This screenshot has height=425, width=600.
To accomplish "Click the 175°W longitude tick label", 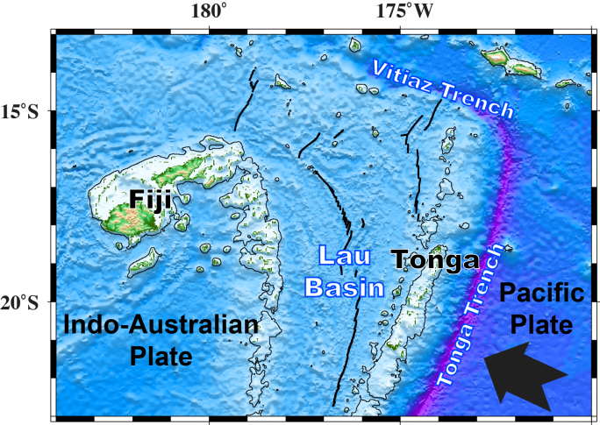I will (404, 11).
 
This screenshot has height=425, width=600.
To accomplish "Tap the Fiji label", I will (149, 200).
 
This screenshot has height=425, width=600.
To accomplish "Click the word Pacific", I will (539, 295).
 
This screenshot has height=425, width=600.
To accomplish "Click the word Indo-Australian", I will (161, 327).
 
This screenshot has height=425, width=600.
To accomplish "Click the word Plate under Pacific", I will (541, 326).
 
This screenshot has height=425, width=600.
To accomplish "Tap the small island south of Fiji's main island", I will (144, 260).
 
